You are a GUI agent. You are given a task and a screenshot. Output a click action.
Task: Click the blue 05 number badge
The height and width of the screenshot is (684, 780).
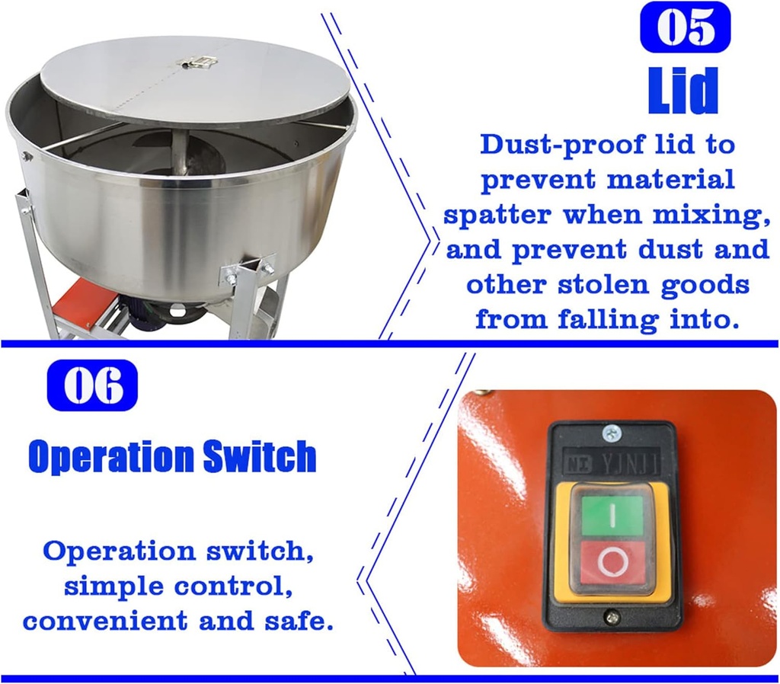685,27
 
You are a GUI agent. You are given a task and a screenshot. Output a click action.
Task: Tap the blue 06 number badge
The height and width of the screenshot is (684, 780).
92,385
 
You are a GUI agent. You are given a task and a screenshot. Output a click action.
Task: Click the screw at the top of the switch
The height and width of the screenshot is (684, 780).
611,434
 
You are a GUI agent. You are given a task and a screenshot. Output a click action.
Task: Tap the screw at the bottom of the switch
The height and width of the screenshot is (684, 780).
611,616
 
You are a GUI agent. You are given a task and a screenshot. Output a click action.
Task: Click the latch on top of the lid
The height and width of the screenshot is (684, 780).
197,61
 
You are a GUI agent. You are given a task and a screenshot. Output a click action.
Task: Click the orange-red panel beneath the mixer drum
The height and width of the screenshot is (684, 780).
79,304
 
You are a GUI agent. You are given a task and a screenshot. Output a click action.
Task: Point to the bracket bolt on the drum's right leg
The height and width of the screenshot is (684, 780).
267,268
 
